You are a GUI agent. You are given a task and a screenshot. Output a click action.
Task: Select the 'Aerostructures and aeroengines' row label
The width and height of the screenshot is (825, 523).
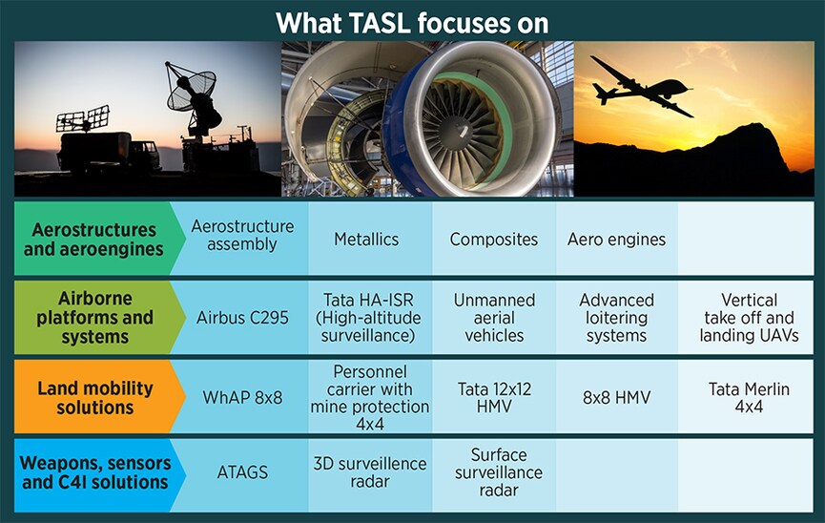click(x=93, y=240)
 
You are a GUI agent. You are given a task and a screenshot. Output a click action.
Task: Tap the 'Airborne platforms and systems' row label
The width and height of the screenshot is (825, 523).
click(x=93, y=318)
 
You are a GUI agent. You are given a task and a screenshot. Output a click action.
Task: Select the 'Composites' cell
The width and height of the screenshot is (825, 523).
click(x=493, y=240)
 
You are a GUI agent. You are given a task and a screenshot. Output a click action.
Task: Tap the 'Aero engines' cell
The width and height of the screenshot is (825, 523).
click(x=616, y=240)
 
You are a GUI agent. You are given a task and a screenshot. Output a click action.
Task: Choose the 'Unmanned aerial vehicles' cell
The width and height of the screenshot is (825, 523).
click(x=493, y=318)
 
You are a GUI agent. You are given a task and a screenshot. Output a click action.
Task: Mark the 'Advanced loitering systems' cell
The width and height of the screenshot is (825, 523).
click(x=616, y=318)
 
